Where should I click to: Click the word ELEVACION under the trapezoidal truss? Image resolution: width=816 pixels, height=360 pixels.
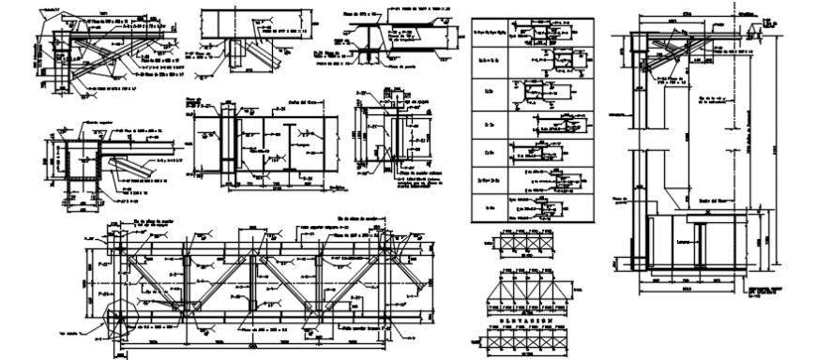[x=523, y=319]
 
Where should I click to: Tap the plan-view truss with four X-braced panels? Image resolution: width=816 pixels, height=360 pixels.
[x=523, y=241]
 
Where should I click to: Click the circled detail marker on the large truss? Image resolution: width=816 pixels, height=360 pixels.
[x=119, y=300]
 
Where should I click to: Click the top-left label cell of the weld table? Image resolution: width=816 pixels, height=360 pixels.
[x=490, y=32]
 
